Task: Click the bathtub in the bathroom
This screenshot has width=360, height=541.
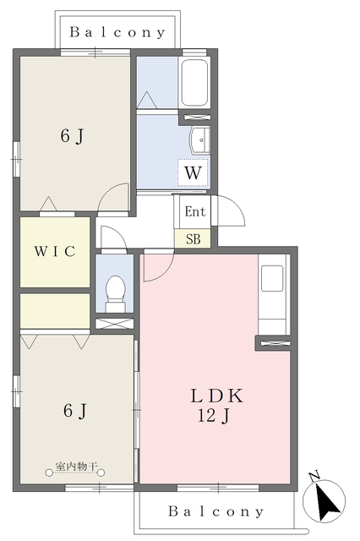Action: click(194, 83)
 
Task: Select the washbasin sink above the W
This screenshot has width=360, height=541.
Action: click(200, 139)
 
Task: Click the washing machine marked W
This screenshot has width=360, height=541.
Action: click(194, 172)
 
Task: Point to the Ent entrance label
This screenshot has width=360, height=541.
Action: click(195, 211)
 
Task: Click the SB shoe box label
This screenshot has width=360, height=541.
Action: click(194, 238)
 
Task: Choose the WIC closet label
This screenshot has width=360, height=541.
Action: click(55, 251)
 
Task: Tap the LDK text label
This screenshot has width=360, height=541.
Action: click(217, 396)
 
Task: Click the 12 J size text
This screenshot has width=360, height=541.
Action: click(214, 415)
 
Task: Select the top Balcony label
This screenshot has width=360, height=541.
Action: click(117, 32)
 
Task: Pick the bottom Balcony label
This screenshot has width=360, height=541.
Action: click(216, 511)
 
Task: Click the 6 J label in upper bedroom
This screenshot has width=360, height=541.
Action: click(72, 135)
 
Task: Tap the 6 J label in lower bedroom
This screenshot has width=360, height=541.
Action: click(75, 411)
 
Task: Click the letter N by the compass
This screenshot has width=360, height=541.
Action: click(314, 477)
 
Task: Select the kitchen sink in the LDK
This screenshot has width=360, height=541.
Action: click(272, 278)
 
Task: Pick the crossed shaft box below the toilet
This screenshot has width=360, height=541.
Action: click(114, 324)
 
